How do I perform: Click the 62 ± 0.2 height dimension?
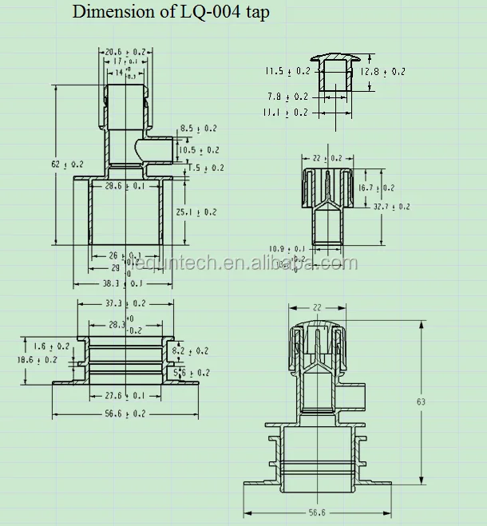coord(67,164)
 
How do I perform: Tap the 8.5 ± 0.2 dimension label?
coord(197,129)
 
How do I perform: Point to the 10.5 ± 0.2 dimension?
coord(198,149)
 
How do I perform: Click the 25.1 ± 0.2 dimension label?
coord(196,212)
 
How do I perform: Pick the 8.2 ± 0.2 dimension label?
coord(190,350)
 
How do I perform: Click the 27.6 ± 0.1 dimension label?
coord(125,395)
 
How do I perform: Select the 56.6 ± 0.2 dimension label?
coord(125,413)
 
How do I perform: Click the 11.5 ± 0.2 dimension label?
coord(287,71)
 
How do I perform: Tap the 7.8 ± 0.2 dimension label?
coord(287,97)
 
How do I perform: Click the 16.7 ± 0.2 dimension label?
coord(375,188)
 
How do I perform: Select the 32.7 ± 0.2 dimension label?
coord(391,207)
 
